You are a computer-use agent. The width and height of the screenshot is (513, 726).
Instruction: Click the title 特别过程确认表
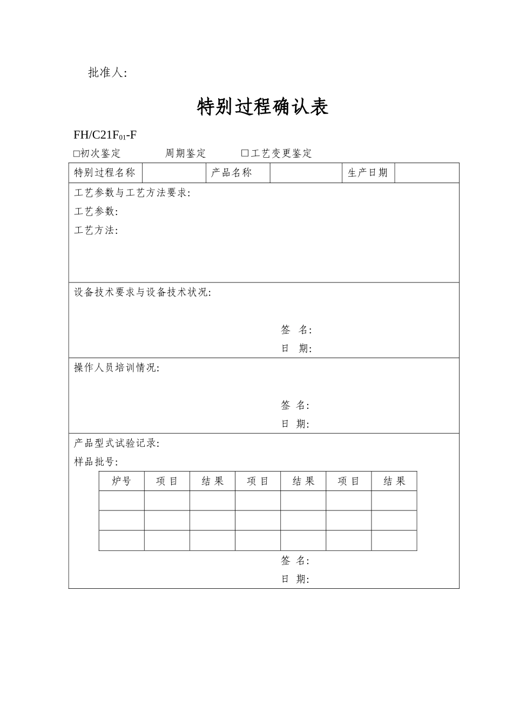point(263,107)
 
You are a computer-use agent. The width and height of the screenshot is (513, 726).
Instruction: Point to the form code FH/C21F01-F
point(105,135)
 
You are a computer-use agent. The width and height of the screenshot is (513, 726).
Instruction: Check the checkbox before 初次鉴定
point(76,154)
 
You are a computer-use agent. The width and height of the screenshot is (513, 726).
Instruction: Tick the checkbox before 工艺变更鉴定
point(245,154)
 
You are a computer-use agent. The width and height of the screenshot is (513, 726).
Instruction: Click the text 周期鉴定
point(185,153)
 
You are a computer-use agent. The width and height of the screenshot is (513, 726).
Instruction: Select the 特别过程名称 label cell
point(105,173)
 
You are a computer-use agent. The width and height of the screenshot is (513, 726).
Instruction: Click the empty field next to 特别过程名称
point(174,173)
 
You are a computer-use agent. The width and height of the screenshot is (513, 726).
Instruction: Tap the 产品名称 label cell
point(238,173)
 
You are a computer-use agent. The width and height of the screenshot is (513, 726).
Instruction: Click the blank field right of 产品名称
point(306,173)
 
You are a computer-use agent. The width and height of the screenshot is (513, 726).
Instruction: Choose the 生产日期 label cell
point(368,173)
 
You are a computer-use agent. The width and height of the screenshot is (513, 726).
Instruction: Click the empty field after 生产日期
point(427,173)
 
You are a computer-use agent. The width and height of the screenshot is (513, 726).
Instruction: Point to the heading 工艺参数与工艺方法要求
point(132,193)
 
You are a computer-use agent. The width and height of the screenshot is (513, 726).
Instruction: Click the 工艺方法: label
point(96,231)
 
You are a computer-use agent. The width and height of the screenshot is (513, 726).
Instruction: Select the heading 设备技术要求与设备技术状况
point(142,292)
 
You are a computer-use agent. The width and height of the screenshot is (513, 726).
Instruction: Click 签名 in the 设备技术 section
point(296,330)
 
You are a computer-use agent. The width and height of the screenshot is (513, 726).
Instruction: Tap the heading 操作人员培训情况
point(116,368)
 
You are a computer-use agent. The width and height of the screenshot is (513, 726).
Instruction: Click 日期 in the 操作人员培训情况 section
point(295,424)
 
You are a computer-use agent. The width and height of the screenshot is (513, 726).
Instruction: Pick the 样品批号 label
point(96,462)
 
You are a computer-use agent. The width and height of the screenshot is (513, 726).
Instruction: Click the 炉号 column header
point(122,481)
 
